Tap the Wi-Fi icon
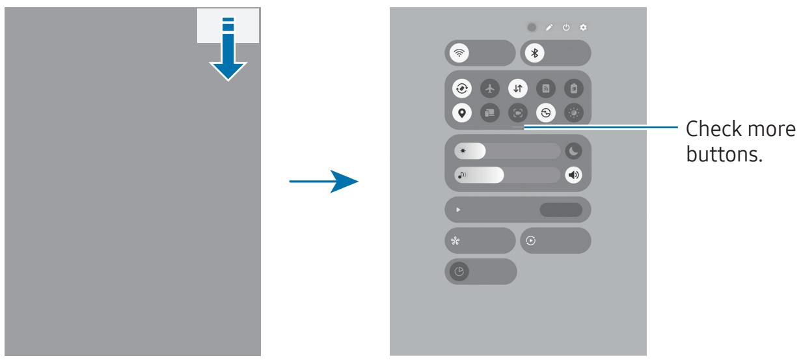coord(459,53)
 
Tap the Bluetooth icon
coord(535,53)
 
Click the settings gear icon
coord(583,27)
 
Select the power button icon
coord(566,27)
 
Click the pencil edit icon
coord(549,27)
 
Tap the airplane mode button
coord(490,89)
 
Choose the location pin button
coord(462,113)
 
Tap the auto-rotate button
coord(462,89)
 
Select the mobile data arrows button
coord(518,89)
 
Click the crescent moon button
coord(573,151)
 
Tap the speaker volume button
coord(573,175)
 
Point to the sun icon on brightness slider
coord(463,151)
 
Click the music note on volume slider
coord(462,175)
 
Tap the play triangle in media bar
coord(458,210)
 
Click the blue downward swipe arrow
coord(228,49)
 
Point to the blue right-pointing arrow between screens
coord(323,182)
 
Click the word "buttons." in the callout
coord(724,154)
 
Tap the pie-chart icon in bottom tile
coord(459,272)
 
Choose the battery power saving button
coord(574,89)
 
